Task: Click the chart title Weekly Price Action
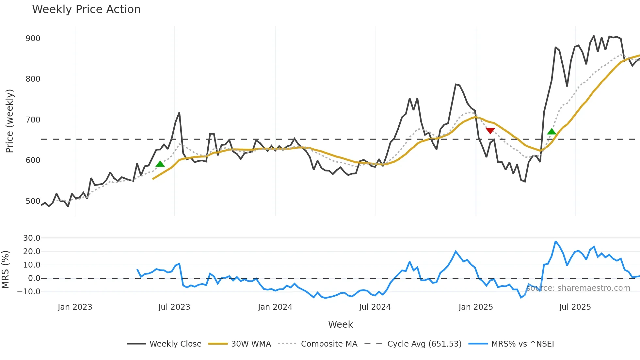click(x=86, y=9)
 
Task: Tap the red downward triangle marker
click(x=490, y=131)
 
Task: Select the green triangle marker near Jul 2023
click(x=160, y=164)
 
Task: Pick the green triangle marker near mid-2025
click(x=552, y=132)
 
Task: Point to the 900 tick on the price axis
click(x=33, y=39)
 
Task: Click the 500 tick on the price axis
click(x=33, y=201)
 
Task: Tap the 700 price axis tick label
click(x=33, y=120)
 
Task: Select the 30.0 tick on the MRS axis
click(x=32, y=238)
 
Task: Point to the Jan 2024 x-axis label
click(x=275, y=307)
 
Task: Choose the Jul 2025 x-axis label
click(x=575, y=307)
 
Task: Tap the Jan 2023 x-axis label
click(x=75, y=307)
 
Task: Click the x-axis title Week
click(x=340, y=324)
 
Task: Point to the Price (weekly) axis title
click(x=9, y=121)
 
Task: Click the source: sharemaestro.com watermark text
click(x=578, y=288)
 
